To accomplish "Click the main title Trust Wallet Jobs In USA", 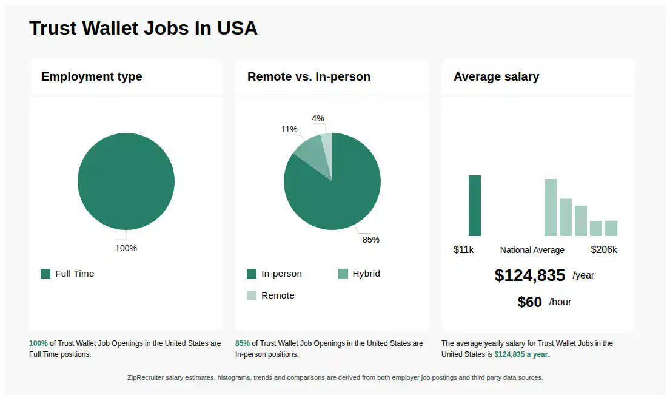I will [x=143, y=28].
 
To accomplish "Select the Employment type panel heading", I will [x=92, y=76].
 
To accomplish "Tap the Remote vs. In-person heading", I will [x=309, y=76].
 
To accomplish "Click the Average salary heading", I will [x=496, y=76].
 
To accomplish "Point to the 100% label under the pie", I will [x=126, y=248].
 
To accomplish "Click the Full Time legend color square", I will [x=45, y=274].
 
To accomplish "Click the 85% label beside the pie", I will [x=370, y=240].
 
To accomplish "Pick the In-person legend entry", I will [x=274, y=274].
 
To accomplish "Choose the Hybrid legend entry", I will [x=359, y=274].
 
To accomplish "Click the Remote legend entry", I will [x=270, y=295].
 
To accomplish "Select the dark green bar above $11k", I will [x=475, y=206].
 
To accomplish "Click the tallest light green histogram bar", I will [x=550, y=208].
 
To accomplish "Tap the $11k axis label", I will [x=463, y=250].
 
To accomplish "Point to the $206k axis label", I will [x=604, y=250].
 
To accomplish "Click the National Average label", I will [x=532, y=250].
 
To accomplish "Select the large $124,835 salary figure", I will [x=529, y=275].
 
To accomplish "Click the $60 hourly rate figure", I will [x=529, y=302].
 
